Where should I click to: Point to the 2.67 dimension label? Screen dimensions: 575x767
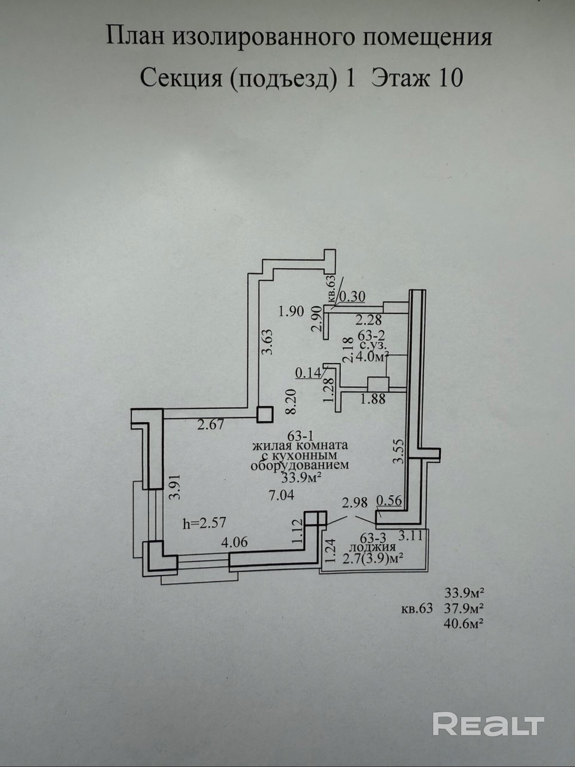[210, 425]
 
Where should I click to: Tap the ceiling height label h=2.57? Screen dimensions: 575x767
[205, 523]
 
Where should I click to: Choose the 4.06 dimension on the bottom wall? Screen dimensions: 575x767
[235, 542]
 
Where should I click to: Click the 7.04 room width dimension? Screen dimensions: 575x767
[281, 495]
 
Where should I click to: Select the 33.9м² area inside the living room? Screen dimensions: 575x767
[301, 478]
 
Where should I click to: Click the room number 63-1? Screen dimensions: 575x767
[301, 436]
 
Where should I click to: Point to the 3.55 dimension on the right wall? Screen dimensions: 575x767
[399, 451]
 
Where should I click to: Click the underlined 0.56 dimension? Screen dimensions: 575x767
[389, 501]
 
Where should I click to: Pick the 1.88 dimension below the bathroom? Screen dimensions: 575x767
[373, 399]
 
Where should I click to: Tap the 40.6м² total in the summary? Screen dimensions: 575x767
[463, 624]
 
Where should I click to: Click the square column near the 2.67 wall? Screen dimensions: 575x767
[265, 414]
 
